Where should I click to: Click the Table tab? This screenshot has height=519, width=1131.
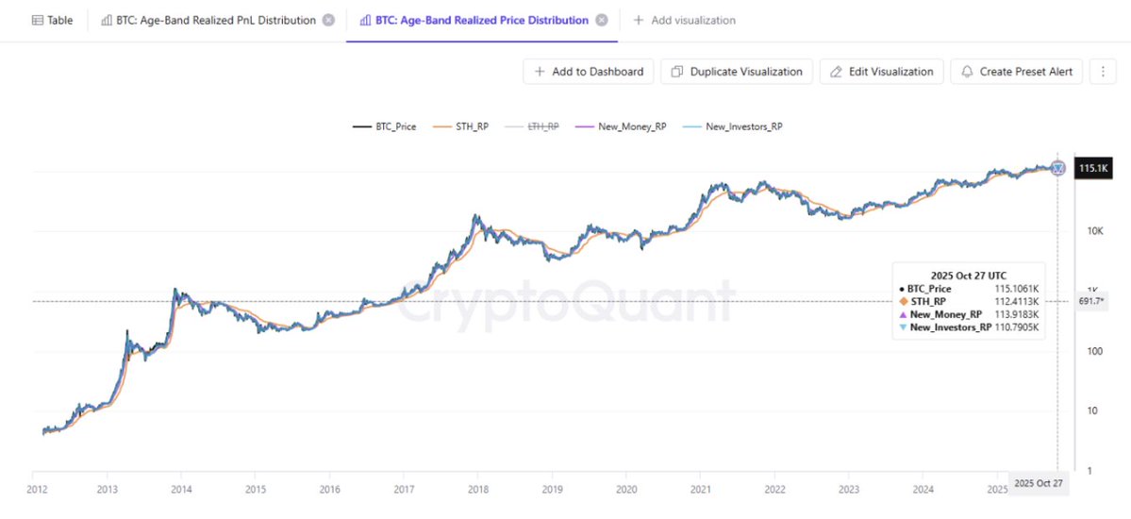click(x=52, y=20)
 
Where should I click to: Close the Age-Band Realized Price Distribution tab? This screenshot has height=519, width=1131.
click(x=602, y=20)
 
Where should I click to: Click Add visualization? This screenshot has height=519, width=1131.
click(x=684, y=20)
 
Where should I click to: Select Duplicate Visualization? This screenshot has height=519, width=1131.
click(x=737, y=72)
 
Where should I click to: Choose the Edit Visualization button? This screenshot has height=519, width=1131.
click(x=881, y=72)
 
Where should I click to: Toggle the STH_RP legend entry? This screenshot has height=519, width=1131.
click(x=459, y=126)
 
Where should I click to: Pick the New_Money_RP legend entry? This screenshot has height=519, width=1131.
click(x=622, y=126)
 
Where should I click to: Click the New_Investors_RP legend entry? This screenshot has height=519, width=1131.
click(x=732, y=126)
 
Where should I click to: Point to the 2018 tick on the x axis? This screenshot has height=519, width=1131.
click(x=478, y=489)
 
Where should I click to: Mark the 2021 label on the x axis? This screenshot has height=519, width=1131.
click(x=701, y=489)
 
